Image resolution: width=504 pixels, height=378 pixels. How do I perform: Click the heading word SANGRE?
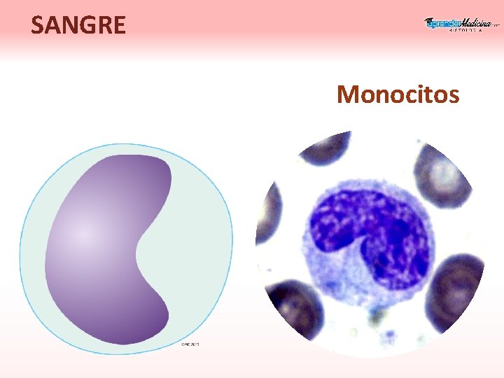[78, 25]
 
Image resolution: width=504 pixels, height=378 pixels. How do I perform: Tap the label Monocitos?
[398, 93]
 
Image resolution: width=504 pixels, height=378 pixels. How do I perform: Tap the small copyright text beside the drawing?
[190, 344]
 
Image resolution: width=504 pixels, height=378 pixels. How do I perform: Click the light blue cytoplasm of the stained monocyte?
[329, 294]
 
